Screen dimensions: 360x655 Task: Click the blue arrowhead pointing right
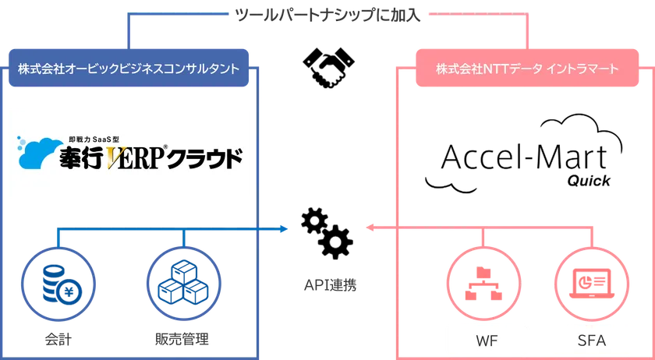[x=285, y=229]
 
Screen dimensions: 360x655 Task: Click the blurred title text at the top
[x=328, y=16]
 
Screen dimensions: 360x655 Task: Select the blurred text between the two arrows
[x=327, y=286]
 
